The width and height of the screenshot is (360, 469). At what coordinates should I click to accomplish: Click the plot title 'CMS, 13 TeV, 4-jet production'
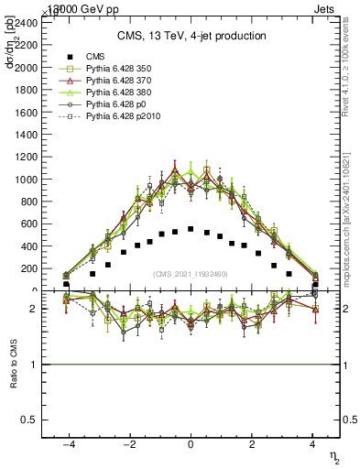click(x=191, y=36)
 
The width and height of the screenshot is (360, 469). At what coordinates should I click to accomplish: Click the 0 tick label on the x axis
click(x=191, y=444)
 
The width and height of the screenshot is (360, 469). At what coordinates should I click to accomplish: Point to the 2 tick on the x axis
click(x=252, y=444)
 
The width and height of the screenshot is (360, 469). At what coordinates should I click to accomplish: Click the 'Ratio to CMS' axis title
click(x=12, y=365)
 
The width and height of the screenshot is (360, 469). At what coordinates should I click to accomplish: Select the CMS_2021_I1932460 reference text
click(x=191, y=274)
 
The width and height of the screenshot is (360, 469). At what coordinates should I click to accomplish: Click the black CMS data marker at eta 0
click(x=191, y=229)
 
